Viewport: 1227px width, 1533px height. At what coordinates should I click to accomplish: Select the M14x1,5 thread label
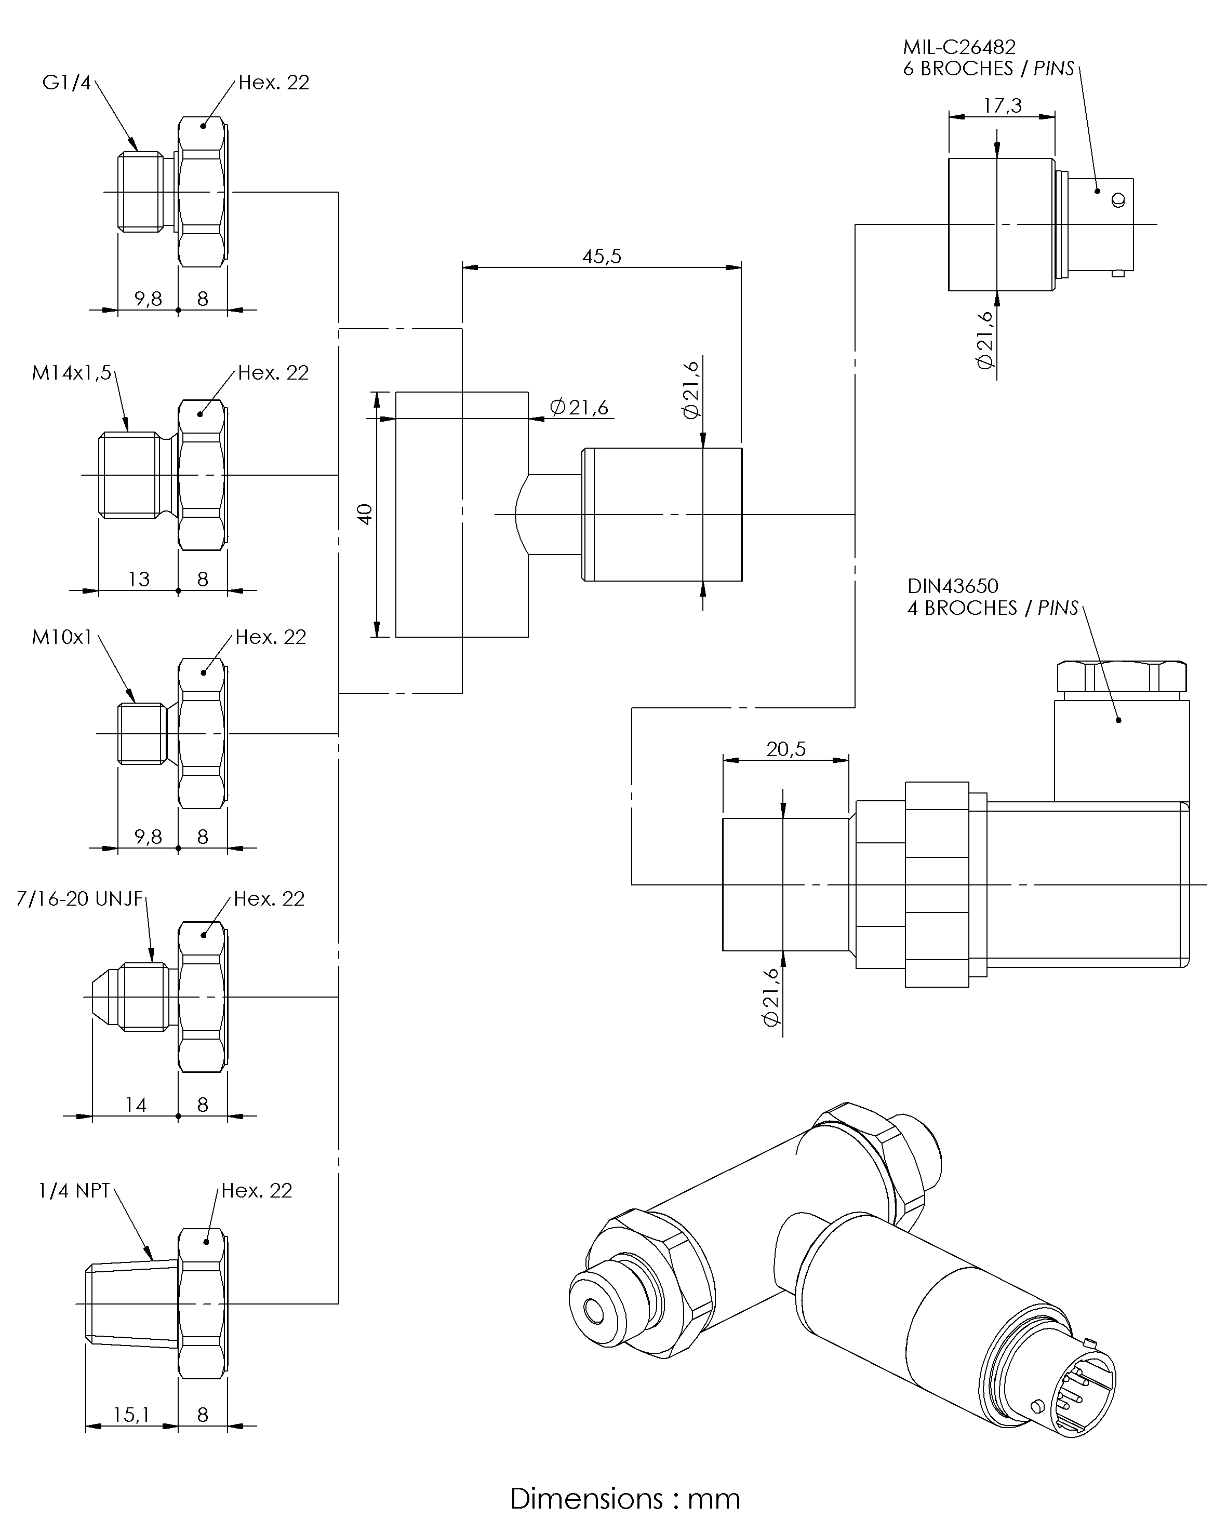(72, 372)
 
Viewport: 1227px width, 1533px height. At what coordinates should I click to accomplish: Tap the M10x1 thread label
(62, 637)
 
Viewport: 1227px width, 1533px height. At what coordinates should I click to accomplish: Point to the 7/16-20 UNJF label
(79, 899)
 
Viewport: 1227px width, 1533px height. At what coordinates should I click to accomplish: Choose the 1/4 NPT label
(74, 1191)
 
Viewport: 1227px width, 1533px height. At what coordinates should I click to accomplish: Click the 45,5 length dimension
(602, 257)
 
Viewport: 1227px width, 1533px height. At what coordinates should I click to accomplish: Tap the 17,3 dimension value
(1002, 106)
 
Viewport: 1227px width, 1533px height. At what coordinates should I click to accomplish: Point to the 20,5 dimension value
(786, 749)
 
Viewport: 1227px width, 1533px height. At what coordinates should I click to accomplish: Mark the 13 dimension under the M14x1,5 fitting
(139, 580)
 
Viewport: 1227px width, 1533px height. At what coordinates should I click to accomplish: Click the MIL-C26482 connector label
(959, 47)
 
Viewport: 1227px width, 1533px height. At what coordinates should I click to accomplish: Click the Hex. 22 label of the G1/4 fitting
(274, 83)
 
